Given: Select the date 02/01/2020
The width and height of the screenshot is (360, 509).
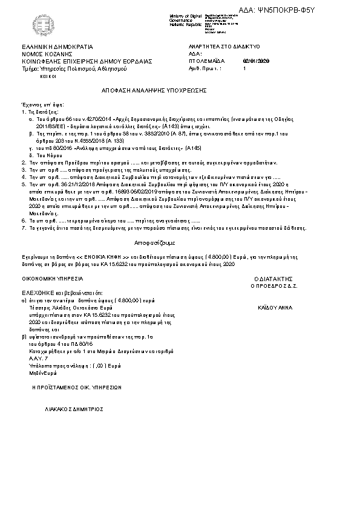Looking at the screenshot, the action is [x=255, y=61].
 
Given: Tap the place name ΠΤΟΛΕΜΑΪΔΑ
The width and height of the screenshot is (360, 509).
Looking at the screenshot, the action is [x=207, y=61].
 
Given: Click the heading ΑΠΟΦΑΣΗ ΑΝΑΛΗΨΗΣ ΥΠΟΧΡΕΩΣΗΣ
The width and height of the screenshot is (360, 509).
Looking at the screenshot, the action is [x=155, y=89].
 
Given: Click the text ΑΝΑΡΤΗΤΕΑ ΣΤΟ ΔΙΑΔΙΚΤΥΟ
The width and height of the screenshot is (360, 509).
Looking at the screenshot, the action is [x=224, y=46].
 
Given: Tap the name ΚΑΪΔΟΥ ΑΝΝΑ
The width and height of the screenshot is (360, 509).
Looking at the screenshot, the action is [x=275, y=307].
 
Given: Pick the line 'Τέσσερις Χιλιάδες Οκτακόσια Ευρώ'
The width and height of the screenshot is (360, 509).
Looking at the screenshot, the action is [x=66, y=307].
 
